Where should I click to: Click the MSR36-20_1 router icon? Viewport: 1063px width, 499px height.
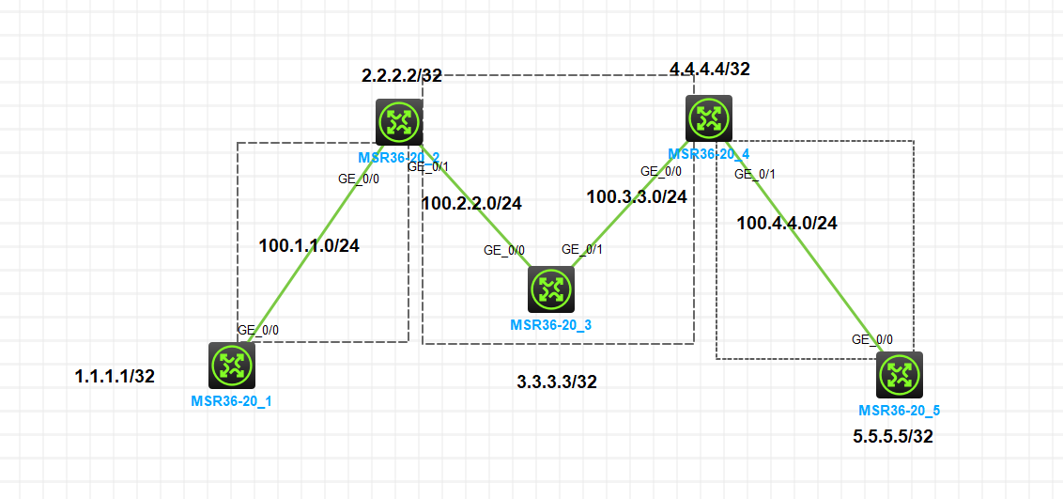point(231,365)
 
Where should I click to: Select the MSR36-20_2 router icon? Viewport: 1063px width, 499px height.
point(399,122)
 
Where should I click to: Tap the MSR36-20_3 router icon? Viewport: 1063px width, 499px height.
point(550,289)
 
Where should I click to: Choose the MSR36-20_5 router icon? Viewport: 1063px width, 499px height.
point(900,375)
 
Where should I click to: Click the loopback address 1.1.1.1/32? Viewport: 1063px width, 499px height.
point(115,377)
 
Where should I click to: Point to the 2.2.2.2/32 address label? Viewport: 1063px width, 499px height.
point(402,76)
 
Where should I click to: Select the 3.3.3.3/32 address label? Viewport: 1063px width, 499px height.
point(557,382)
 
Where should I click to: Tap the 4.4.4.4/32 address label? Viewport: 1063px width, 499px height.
point(710,69)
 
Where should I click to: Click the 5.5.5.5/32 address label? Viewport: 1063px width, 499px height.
point(893,436)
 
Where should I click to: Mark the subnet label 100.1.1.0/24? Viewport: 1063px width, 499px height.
point(309,246)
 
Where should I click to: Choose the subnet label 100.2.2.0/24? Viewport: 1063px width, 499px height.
point(471,202)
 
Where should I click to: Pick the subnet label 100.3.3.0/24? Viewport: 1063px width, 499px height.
point(637,197)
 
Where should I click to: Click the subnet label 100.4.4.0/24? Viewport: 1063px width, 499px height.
point(787,224)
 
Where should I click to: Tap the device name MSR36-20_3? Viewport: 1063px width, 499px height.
point(550,325)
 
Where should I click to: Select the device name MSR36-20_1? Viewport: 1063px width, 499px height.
point(231,400)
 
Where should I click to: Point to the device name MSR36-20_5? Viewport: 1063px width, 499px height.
point(899,411)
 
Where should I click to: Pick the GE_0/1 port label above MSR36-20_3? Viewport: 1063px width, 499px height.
point(582,249)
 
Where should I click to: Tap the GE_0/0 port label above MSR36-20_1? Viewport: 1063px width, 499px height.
point(258,330)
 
